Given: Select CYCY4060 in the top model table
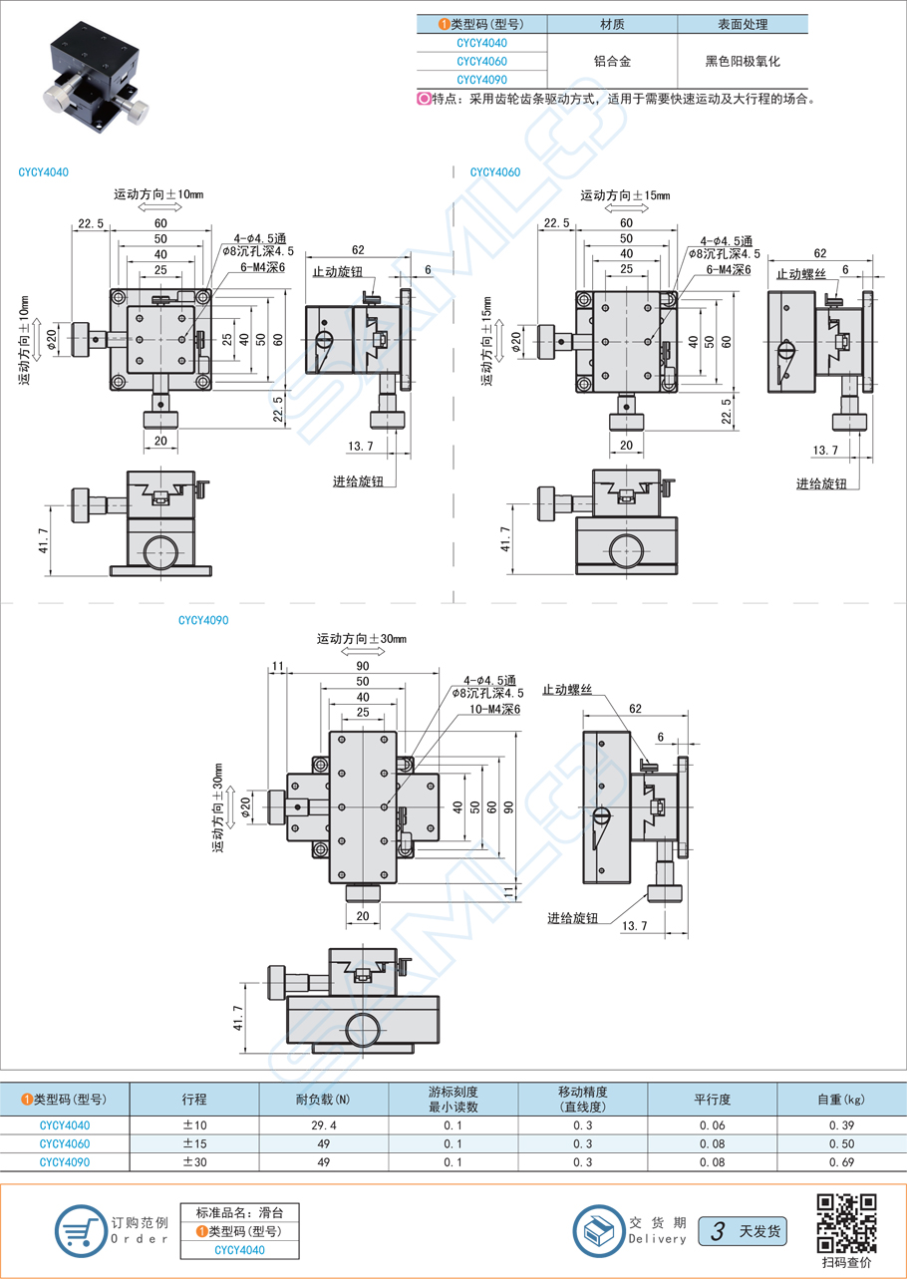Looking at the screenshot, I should click(x=480, y=62).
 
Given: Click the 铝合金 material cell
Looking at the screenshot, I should click(x=611, y=62).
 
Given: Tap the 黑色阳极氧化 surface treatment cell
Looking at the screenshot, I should click(x=742, y=62).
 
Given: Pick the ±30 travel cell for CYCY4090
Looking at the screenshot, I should click(x=194, y=1162).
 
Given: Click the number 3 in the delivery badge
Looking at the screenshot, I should click(x=716, y=1231).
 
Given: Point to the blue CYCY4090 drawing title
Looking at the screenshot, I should click(x=203, y=620).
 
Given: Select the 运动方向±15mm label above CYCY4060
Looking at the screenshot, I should click(x=626, y=195).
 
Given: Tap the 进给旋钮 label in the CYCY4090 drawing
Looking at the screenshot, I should click(x=572, y=918).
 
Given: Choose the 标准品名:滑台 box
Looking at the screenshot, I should click(x=239, y=1213).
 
